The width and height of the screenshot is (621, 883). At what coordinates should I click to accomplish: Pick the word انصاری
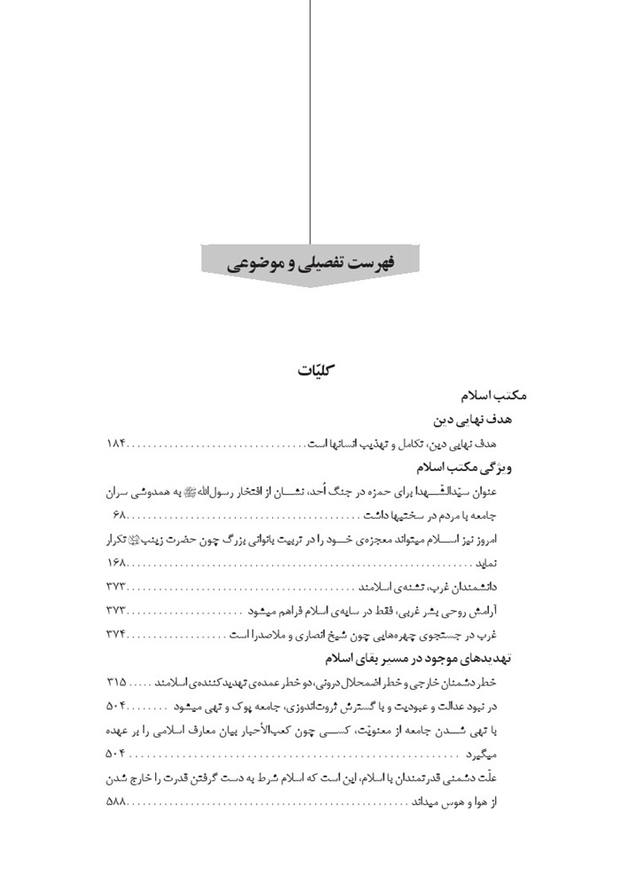(x=331, y=635)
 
